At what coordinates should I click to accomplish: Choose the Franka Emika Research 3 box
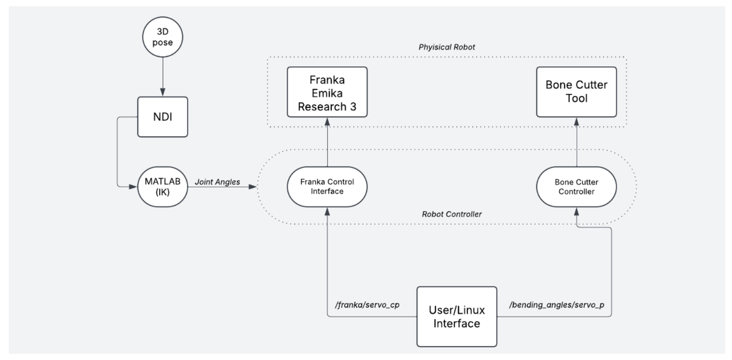click(327, 91)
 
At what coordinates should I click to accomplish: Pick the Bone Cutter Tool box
click(576, 91)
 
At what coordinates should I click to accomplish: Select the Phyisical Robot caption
click(447, 47)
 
